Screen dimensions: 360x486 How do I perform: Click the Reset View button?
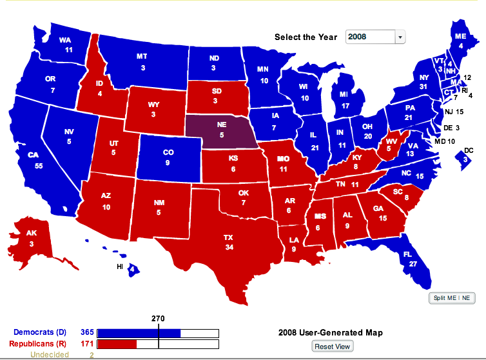click(333, 346)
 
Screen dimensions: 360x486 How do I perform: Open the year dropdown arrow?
click(400, 37)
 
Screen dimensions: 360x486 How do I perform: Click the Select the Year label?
click(306, 37)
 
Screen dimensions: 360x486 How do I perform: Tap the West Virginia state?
click(388, 146)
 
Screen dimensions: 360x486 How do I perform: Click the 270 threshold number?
click(158, 318)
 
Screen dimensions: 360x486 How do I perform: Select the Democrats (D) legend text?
click(39, 332)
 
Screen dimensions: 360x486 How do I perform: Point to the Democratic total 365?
click(87, 332)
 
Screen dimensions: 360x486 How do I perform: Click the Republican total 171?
click(87, 344)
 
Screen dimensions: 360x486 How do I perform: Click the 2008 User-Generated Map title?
click(331, 333)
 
